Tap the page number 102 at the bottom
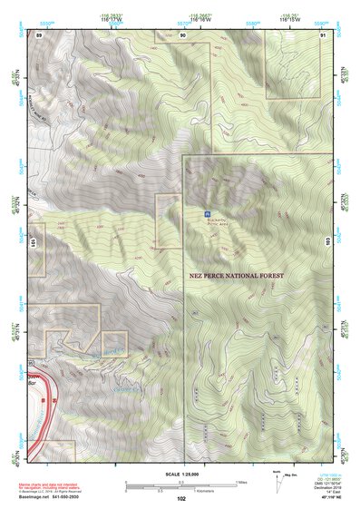tap(182, 499)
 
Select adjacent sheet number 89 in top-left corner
tap(39, 34)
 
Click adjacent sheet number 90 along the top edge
tap(183, 34)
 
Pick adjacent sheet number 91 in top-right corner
tap(324, 34)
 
